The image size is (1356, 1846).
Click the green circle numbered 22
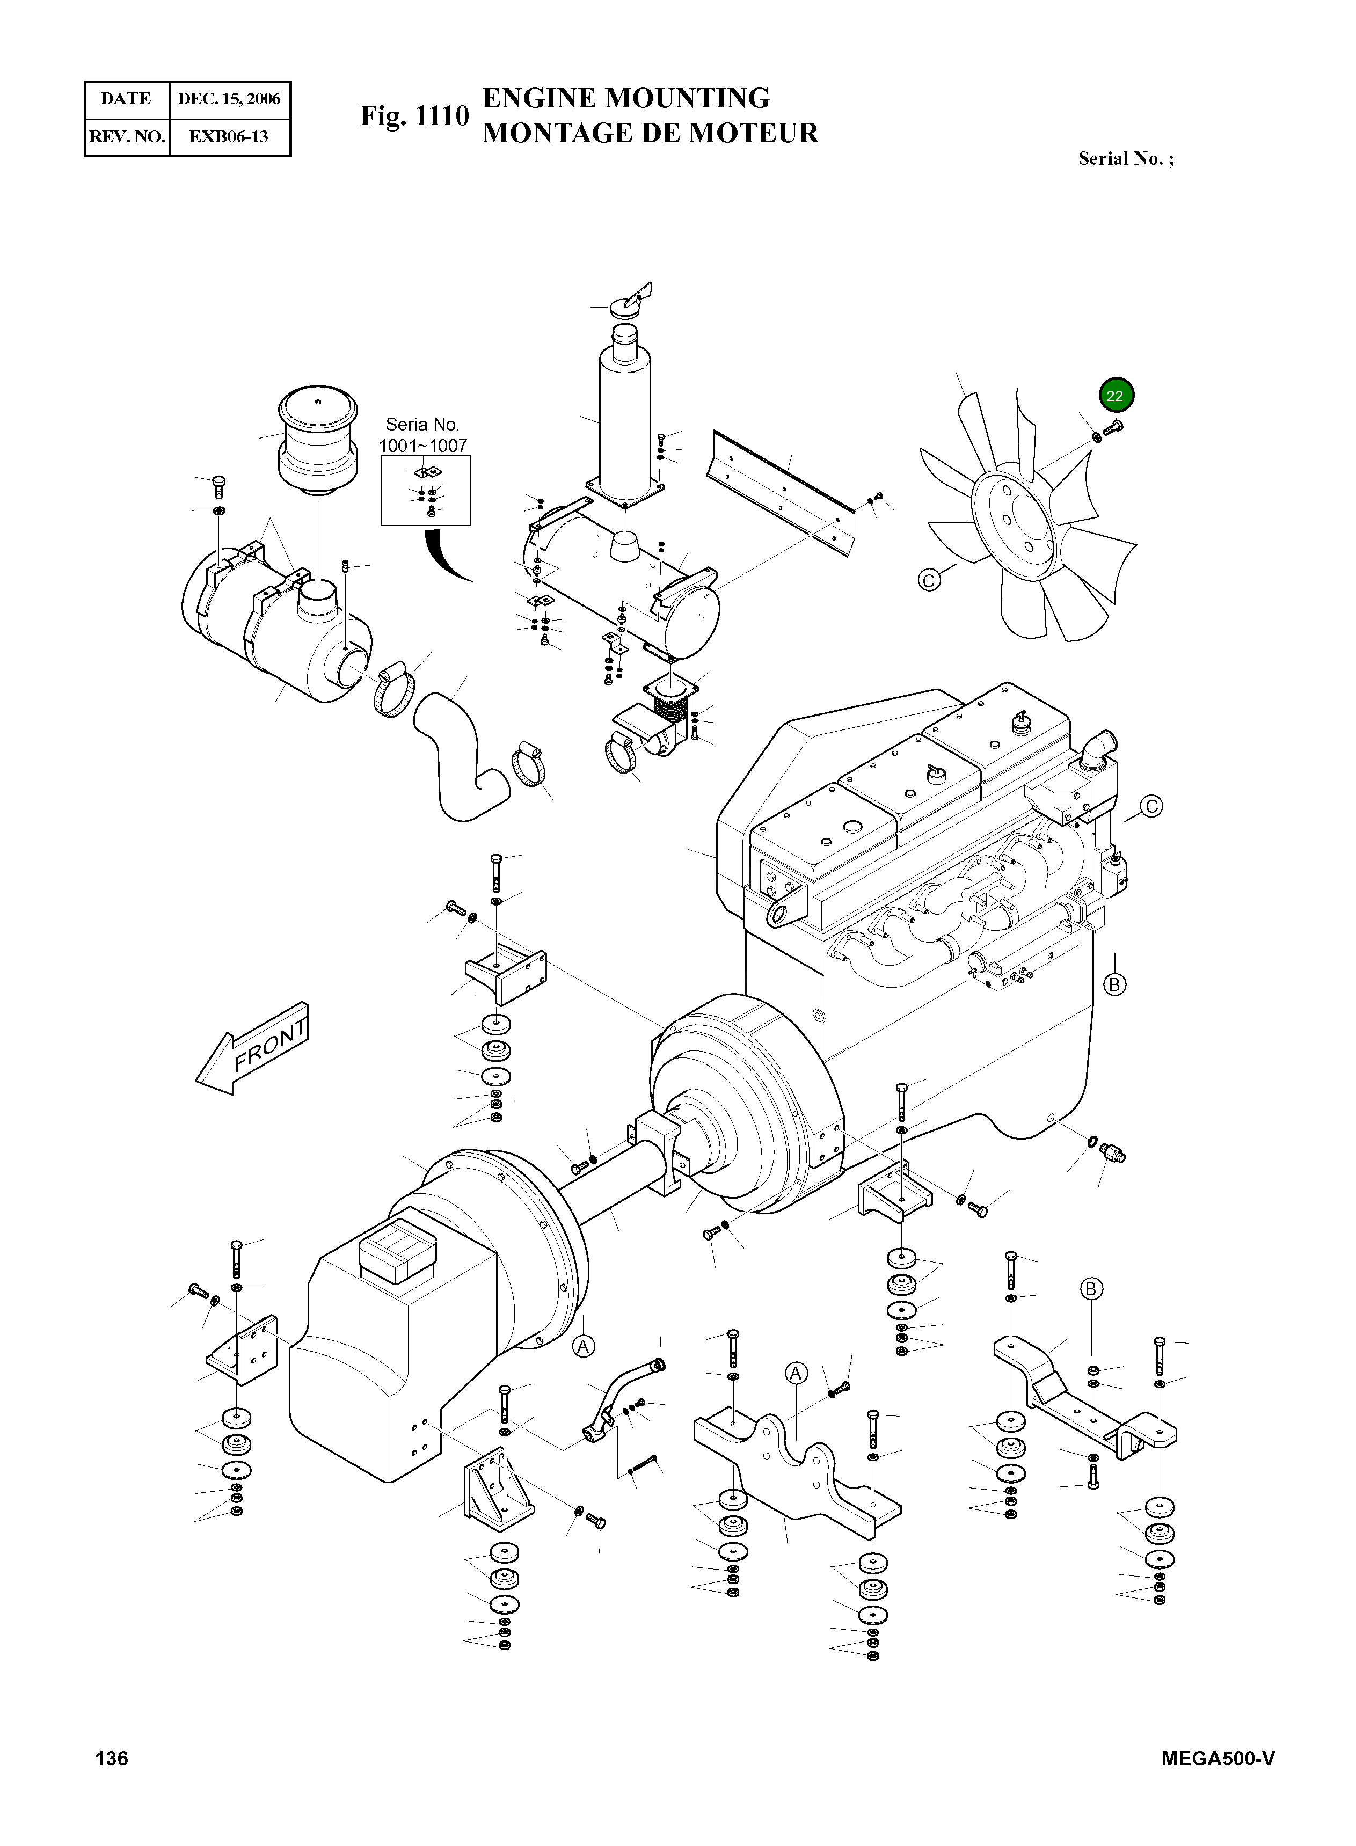[x=1114, y=395]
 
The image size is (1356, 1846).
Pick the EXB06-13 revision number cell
[x=229, y=136]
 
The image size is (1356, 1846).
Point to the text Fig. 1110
[x=414, y=116]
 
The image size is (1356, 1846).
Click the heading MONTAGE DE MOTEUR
[x=650, y=133]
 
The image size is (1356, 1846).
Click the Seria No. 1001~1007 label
[x=422, y=435]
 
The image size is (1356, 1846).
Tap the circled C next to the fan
[x=928, y=580]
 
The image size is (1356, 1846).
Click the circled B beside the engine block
[x=1114, y=983]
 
